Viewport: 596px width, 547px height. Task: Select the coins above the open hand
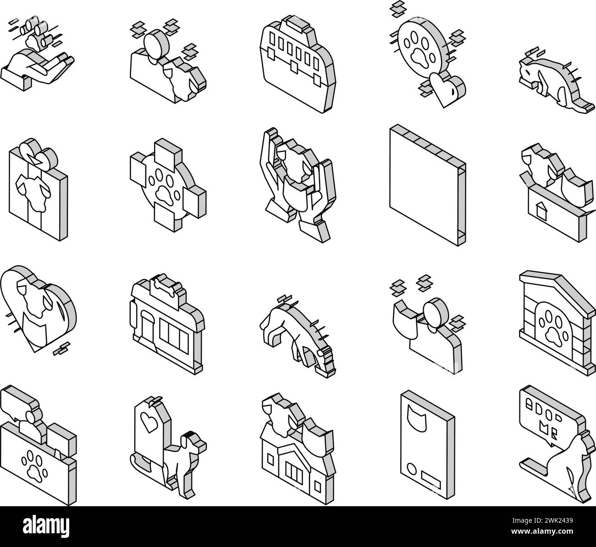pos(38,32)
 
